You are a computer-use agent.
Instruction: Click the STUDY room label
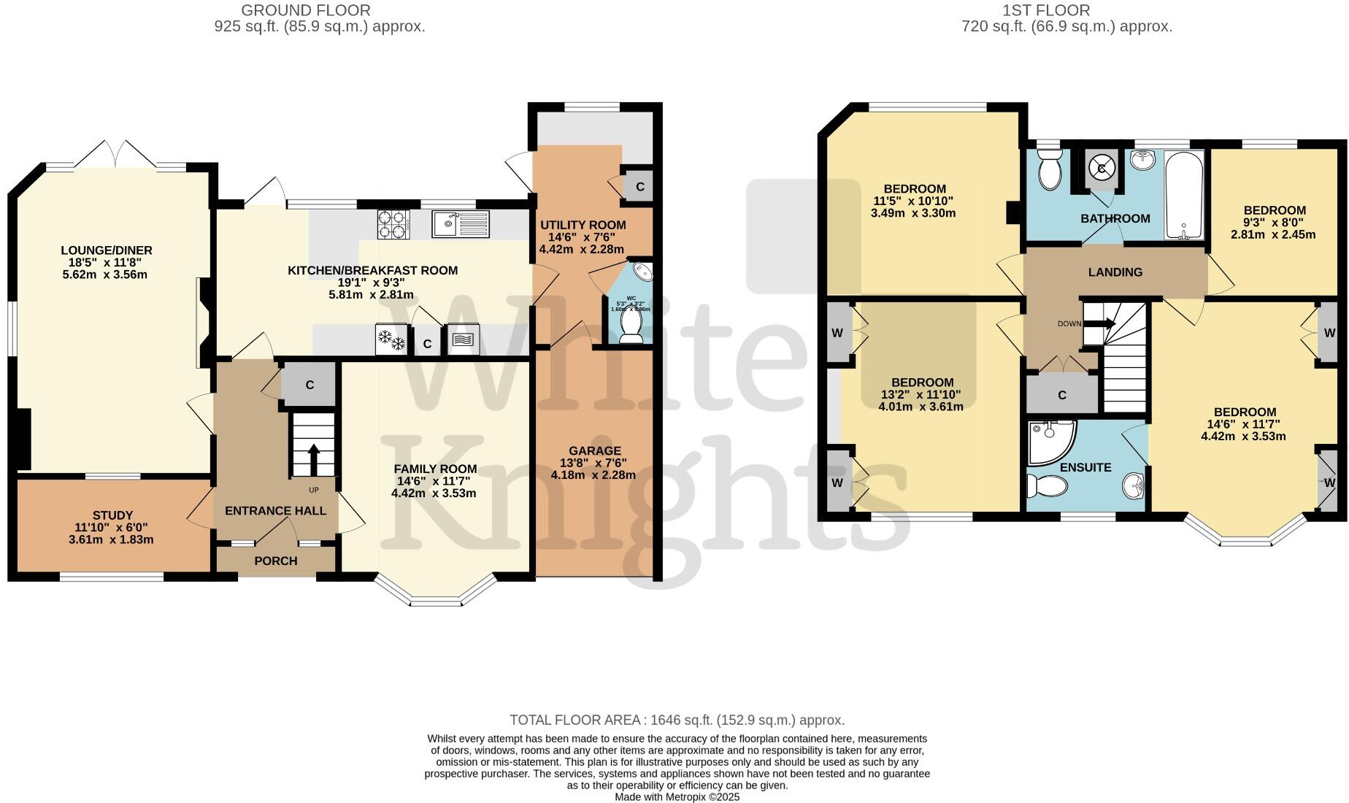coord(113,515)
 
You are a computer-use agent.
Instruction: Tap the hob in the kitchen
coord(393,224)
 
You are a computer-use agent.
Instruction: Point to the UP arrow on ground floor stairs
coord(314,458)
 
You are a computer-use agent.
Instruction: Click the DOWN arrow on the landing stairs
coord(1105,323)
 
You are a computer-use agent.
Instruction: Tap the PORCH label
coord(275,561)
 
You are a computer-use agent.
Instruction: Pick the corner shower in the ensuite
coord(1050,441)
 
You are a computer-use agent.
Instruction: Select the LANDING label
coord(1115,272)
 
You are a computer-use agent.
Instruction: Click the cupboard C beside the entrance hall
coord(310,385)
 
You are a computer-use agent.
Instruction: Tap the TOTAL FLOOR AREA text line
coord(677,720)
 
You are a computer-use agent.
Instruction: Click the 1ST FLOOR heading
coord(1066,10)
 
